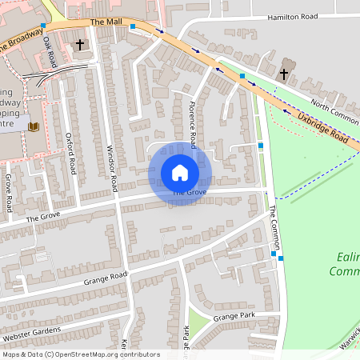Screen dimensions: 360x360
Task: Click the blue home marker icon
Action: pyautogui.click(x=180, y=173)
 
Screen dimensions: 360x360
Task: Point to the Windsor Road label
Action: pyautogui.click(x=112, y=168)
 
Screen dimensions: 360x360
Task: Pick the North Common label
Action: pyautogui.click(x=335, y=107)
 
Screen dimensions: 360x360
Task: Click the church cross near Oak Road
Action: pyautogui.click(x=79, y=45)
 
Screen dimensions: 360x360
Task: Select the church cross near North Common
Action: pyautogui.click(x=283, y=74)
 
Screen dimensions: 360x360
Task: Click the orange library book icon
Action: pyautogui.click(x=34, y=126)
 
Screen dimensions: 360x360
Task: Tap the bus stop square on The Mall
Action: pyautogui.click(x=132, y=26)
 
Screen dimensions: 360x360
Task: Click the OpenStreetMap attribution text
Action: pyautogui.click(x=80, y=354)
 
